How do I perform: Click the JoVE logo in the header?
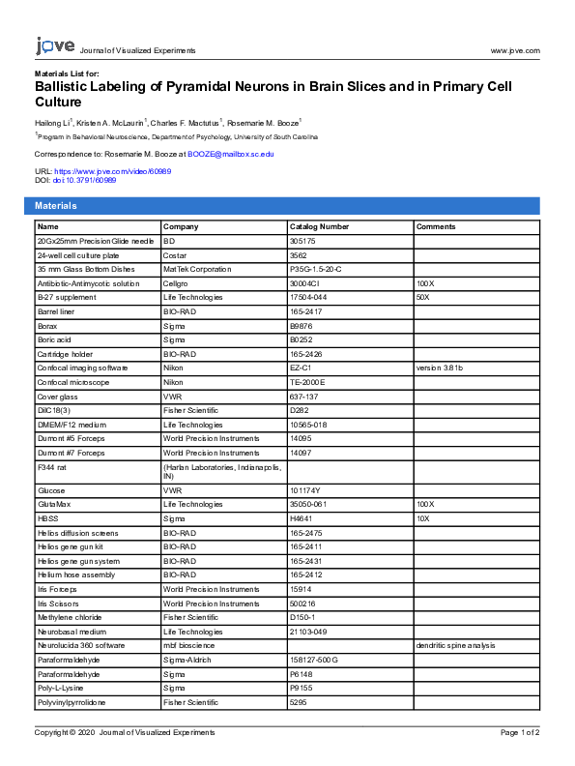click(55, 46)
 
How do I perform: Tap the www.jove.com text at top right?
click(515, 50)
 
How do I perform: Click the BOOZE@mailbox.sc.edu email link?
click(230, 154)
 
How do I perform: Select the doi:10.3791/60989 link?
click(84, 180)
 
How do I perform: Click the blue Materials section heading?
click(56, 206)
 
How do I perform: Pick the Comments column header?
click(436, 226)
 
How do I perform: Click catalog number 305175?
click(303, 240)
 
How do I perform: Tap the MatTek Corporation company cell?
click(197, 269)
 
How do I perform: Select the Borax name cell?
click(47, 326)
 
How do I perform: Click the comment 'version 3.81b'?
click(440, 368)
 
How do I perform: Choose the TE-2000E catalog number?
click(308, 382)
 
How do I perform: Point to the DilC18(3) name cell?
click(54, 410)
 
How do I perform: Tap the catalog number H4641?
click(302, 518)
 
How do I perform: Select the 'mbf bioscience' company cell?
click(189, 645)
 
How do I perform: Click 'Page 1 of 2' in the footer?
click(520, 732)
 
